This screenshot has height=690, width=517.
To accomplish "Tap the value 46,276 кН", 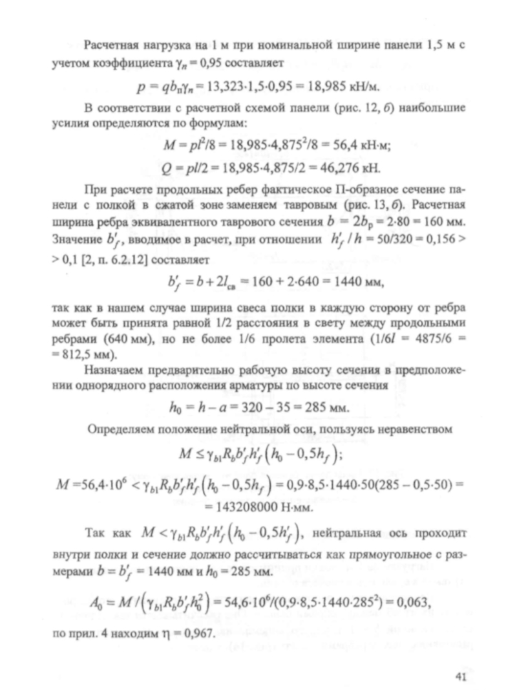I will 350,169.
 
